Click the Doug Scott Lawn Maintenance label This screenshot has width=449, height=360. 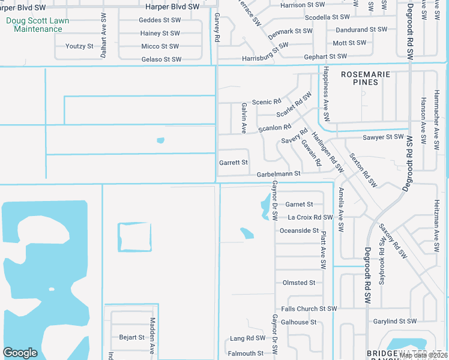37,25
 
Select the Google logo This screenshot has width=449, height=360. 20,353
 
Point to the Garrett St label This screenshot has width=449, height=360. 234,163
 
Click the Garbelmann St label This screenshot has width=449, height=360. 278,174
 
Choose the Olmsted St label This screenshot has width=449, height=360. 298,283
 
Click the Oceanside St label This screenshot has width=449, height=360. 299,230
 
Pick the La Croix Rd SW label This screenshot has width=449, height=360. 310,217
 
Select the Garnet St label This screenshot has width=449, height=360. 299,204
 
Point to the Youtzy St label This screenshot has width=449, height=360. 80,46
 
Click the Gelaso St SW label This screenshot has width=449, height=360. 161,59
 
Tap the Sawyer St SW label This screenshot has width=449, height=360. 384,137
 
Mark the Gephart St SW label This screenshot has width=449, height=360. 325,56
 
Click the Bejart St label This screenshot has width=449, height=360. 132,337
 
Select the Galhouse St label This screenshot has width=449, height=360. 298,322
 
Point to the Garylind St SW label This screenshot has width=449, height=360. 394,322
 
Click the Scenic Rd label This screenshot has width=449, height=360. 267,102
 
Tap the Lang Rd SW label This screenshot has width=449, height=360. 247,338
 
